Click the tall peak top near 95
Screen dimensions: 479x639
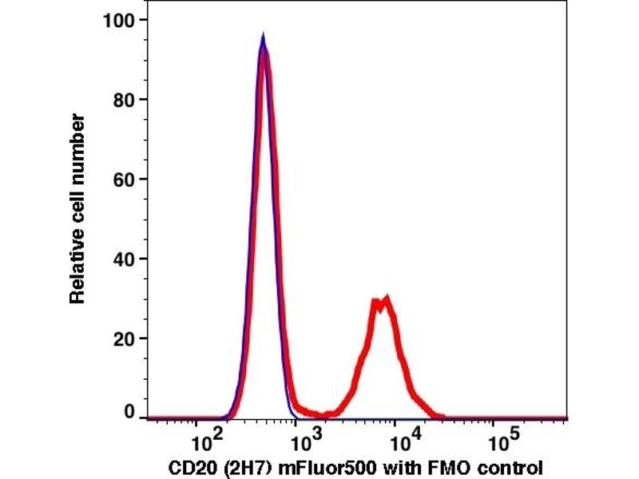click(263, 37)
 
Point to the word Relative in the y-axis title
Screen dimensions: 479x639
click(77, 267)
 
